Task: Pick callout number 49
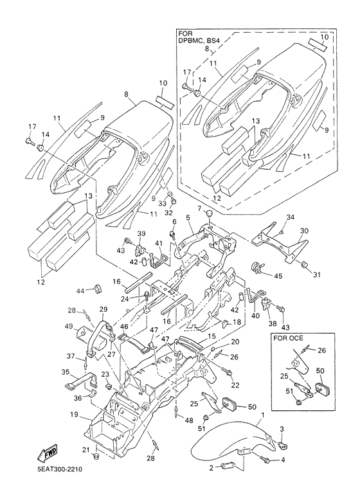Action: (x=69, y=326)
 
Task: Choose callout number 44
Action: (x=81, y=291)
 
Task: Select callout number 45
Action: (x=278, y=276)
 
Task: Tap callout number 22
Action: (x=235, y=385)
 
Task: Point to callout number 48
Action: (x=189, y=420)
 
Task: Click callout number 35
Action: (x=65, y=371)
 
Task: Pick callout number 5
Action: (x=188, y=218)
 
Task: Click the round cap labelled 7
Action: (x=208, y=215)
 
